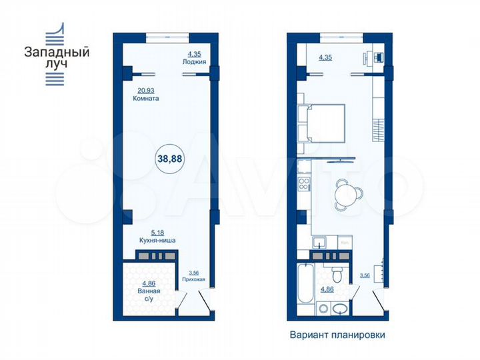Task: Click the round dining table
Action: click(x=347, y=193)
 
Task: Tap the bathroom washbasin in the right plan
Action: click(x=339, y=308)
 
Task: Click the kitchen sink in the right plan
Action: click(x=320, y=242)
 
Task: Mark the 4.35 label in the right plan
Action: click(x=325, y=57)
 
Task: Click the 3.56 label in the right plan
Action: click(x=365, y=275)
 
